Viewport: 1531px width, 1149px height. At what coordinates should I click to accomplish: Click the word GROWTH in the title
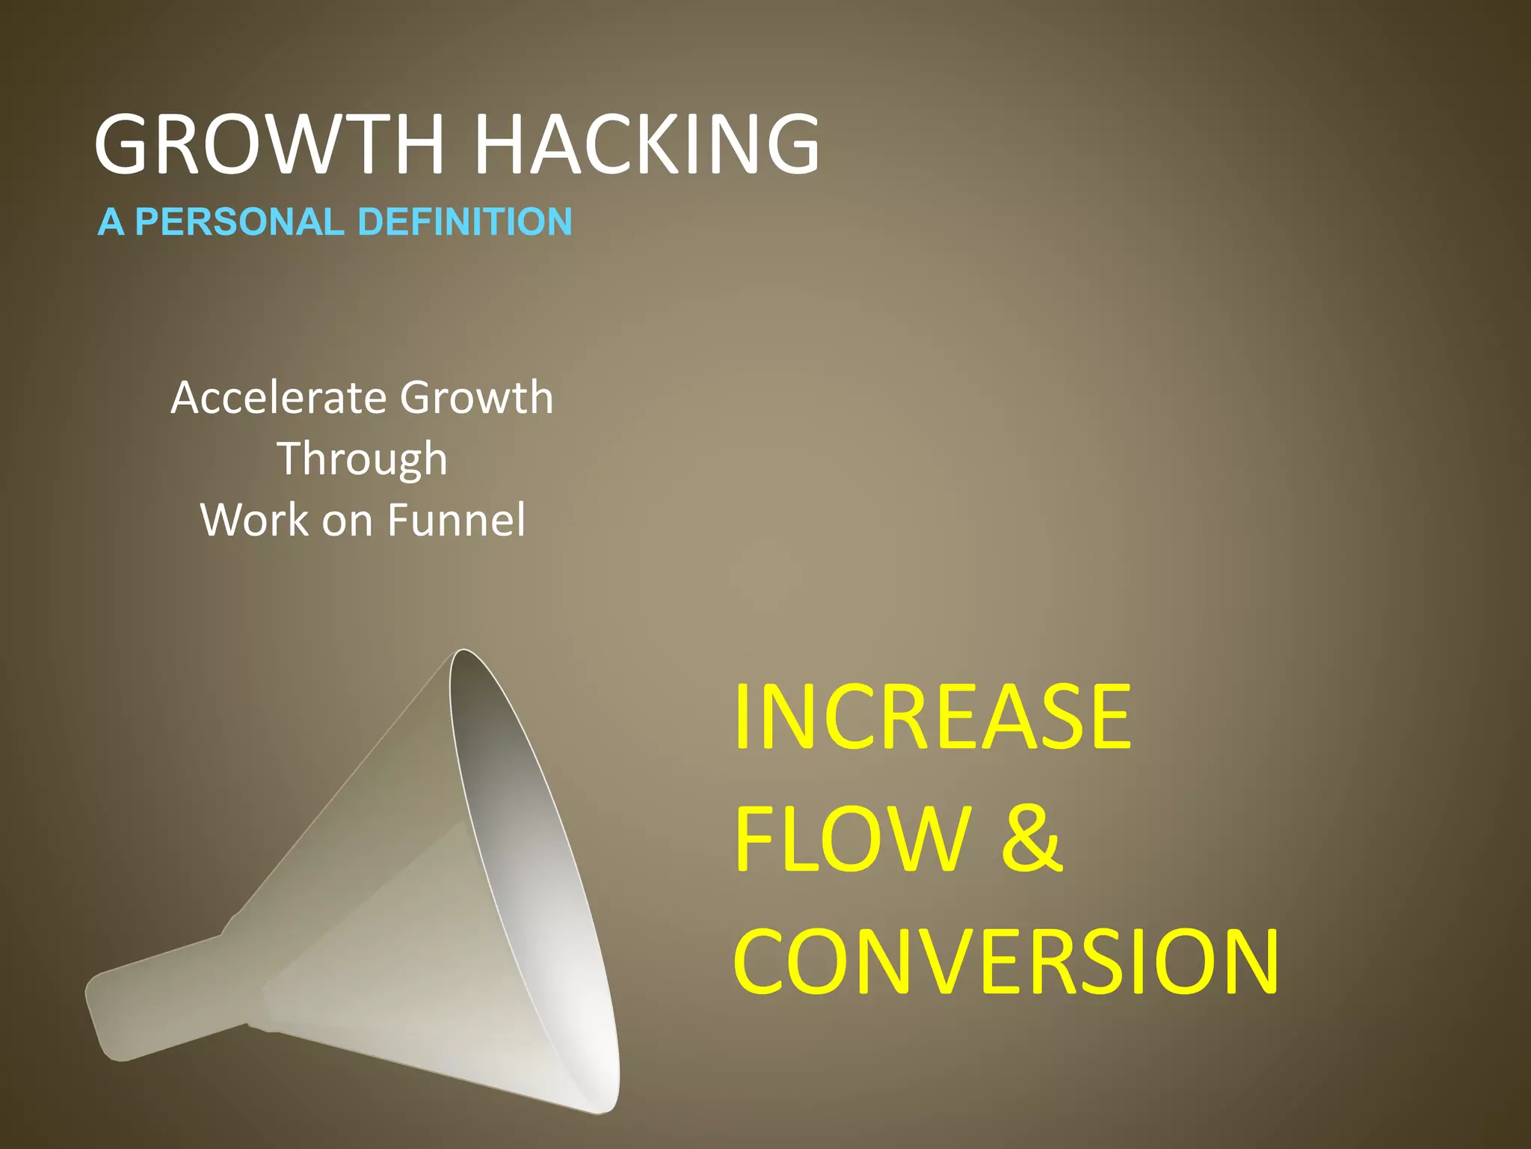point(269,144)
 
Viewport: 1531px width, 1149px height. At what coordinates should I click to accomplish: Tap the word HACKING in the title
point(647,144)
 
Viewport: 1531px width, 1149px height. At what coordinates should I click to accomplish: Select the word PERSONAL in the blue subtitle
point(238,222)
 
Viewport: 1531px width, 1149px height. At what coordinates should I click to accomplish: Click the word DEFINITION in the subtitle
point(465,222)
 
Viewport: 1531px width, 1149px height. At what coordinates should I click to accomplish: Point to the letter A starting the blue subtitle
point(111,222)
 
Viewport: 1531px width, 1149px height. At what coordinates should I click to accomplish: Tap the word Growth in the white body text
point(477,397)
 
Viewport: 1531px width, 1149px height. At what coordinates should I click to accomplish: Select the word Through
point(363,459)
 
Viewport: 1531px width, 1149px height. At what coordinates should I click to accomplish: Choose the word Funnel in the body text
point(456,520)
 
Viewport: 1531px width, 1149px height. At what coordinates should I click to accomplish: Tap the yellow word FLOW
point(852,839)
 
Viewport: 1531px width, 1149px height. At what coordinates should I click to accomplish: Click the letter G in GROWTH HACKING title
point(126,144)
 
